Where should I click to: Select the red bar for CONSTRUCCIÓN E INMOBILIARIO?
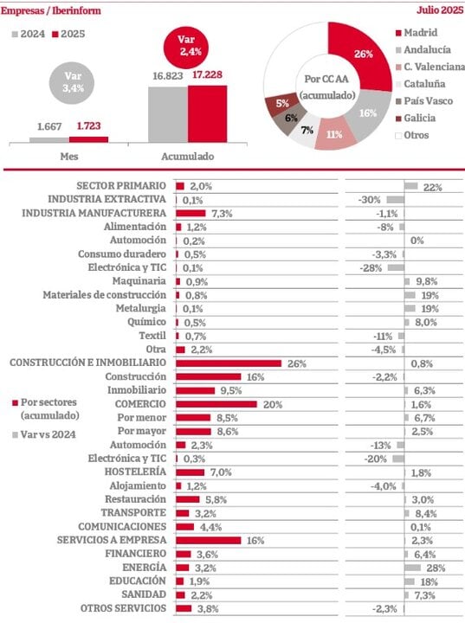click(229, 363)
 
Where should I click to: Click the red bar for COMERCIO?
click(216, 404)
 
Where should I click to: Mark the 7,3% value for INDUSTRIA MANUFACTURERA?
click(223, 213)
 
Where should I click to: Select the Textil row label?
click(152, 336)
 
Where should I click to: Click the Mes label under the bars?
click(69, 157)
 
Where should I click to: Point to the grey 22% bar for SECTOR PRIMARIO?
click(411, 186)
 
